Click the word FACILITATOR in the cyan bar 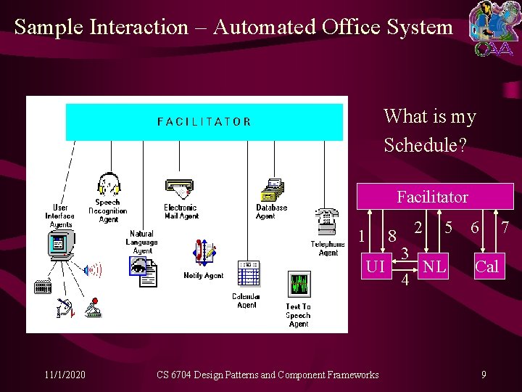[204, 122]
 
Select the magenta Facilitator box [432, 197]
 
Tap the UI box [375, 267]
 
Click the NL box [434, 267]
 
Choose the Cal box [486, 267]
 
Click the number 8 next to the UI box [391, 237]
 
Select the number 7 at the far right [505, 228]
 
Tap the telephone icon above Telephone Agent [326, 222]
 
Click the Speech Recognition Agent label [108, 211]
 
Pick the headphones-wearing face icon [109, 184]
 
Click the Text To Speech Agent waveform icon [298, 284]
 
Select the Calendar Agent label [246, 301]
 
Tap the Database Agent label [271, 211]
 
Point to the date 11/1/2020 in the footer [65, 375]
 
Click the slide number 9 [484, 375]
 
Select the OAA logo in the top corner [493, 29]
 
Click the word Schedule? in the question [426, 144]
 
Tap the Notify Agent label [203, 276]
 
